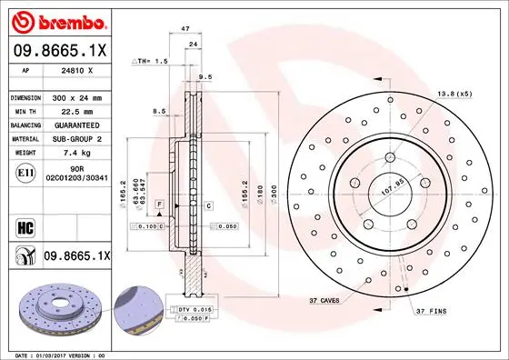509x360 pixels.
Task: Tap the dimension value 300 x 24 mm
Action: coord(76,96)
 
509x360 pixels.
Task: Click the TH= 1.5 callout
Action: coord(151,60)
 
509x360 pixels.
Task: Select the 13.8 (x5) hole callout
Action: coord(454,94)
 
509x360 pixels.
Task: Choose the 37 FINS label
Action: coord(433,312)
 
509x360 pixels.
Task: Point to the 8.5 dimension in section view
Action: coord(160,111)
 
